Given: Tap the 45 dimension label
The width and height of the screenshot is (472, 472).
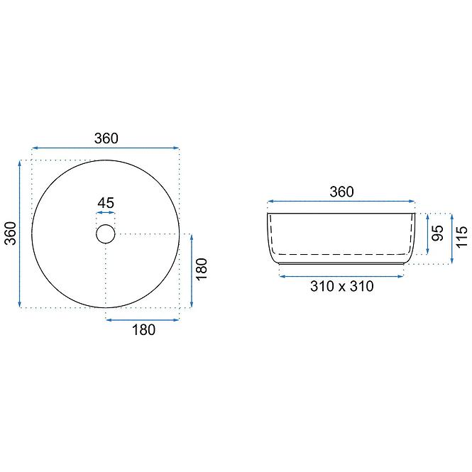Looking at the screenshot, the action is pyautogui.click(x=106, y=203).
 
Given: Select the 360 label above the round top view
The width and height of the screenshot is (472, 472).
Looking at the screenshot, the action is pyautogui.click(x=106, y=138).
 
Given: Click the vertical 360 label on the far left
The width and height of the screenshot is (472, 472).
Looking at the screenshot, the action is pyautogui.click(x=11, y=234).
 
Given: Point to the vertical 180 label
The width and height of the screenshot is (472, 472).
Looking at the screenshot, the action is pyautogui.click(x=202, y=269).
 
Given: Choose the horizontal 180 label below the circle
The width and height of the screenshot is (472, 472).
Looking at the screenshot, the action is pyautogui.click(x=144, y=330).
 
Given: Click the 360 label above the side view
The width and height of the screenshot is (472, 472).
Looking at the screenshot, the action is pyautogui.click(x=341, y=192).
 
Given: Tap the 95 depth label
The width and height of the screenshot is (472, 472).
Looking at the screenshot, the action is pyautogui.click(x=438, y=233).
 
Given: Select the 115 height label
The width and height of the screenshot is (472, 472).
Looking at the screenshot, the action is pyautogui.click(x=462, y=238).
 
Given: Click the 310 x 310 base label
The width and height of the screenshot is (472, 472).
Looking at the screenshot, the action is pyautogui.click(x=342, y=286).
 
